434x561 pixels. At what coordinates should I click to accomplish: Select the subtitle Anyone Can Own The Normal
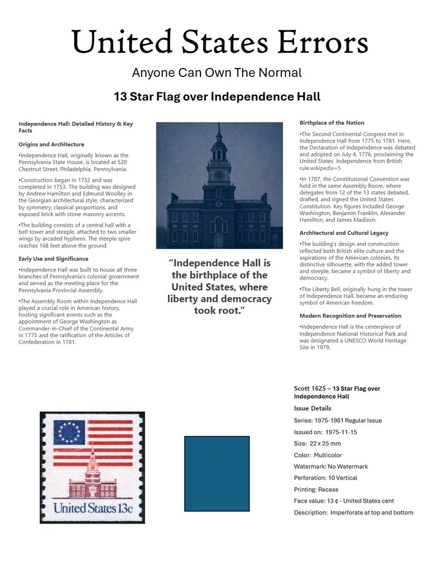pos(217,72)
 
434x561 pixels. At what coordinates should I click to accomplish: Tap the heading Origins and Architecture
pos(51,144)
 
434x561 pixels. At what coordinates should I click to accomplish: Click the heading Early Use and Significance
pos(53,259)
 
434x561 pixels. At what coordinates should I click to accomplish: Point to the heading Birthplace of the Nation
pos(332,123)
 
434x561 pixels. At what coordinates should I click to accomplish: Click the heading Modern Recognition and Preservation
pos(350,316)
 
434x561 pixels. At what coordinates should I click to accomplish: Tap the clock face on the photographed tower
pos(219,174)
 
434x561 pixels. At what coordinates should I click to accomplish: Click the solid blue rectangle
pos(217,473)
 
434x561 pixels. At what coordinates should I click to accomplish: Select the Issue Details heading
pos(313,408)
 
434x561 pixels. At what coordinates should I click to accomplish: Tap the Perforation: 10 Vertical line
pos(326,478)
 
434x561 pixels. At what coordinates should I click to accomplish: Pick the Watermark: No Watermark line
pos(331,466)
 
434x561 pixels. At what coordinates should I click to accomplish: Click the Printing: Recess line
pos(316,490)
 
